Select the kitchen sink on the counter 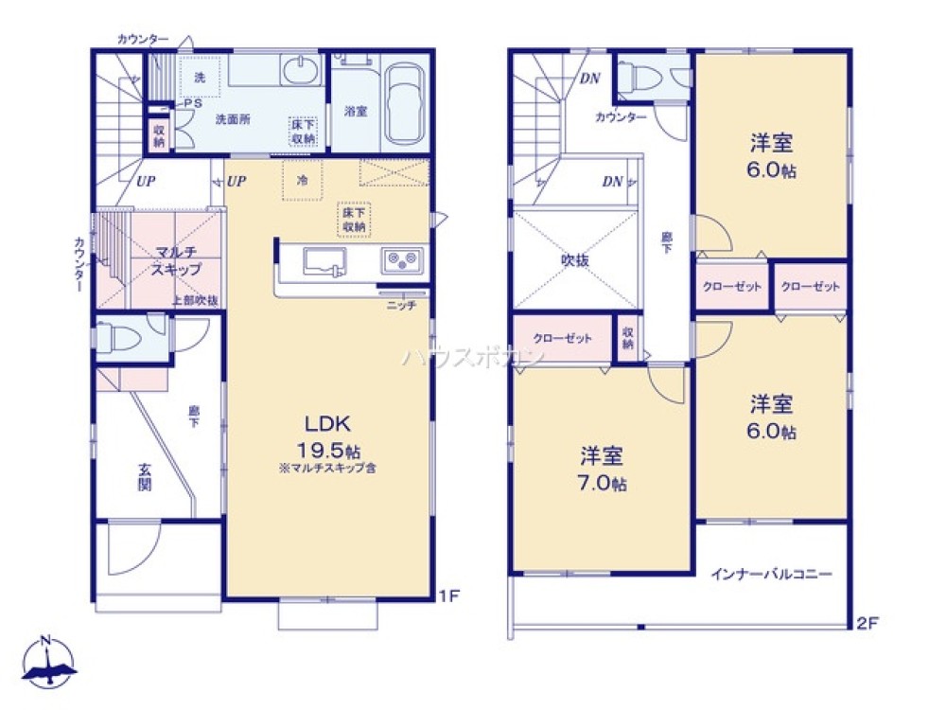tap(325, 260)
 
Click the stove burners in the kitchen tap(403, 259)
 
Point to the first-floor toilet tap(118, 337)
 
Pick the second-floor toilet tap(648, 74)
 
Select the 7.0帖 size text tap(602, 485)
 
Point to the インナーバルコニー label tap(772, 574)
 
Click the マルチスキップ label tap(176, 260)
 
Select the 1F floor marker tap(448, 596)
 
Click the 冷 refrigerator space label tap(302, 179)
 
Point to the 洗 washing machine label tap(200, 77)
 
